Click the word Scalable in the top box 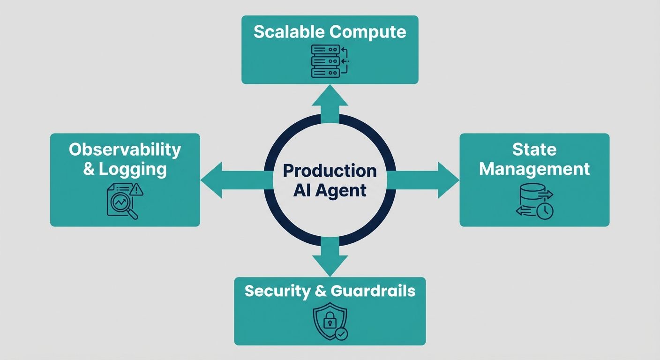coord(289,32)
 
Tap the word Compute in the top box coord(367,32)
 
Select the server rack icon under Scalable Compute coord(325,60)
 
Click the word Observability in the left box coord(125,150)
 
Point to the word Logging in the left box coord(133,169)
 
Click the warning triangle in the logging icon coord(137,190)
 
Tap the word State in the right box coord(534,150)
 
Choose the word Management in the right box coord(534,169)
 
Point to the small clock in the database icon coord(545,210)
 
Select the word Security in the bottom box coord(277,291)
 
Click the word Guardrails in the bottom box coord(373,291)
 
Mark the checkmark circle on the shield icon coord(342,334)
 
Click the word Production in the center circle coord(330,171)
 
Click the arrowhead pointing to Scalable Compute coord(330,95)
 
